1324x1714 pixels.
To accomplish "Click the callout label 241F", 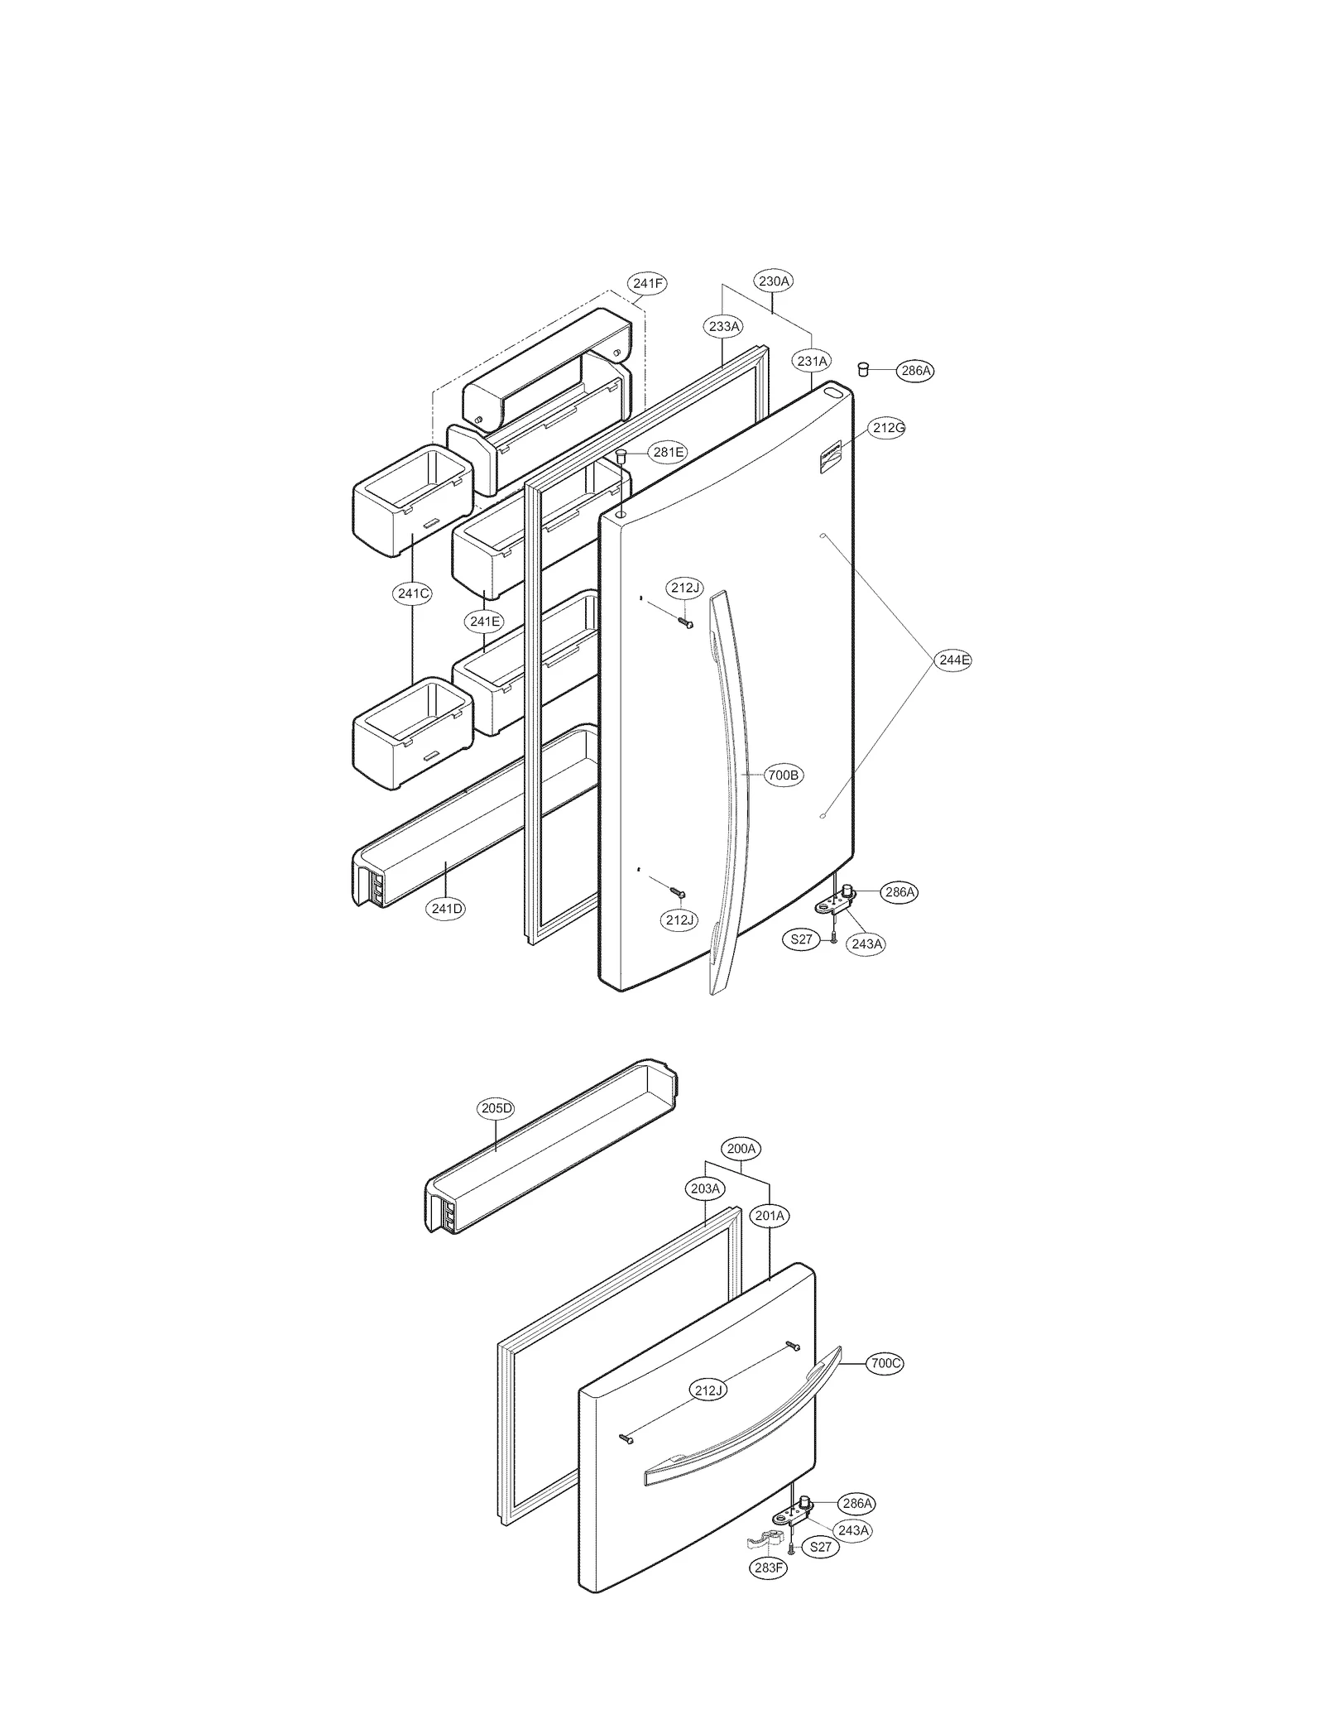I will coord(647,284).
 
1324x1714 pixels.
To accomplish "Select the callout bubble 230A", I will coord(774,281).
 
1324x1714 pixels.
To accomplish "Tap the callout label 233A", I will coord(723,327).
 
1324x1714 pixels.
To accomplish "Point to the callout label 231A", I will coord(812,361).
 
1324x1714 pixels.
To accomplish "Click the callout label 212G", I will coord(888,428).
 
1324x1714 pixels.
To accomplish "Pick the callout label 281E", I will coord(668,452).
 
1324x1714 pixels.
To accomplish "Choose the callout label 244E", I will coord(953,660).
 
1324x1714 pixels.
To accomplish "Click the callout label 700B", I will coord(782,775).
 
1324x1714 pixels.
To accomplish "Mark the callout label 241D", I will coord(447,909).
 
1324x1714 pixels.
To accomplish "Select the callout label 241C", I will coord(413,593).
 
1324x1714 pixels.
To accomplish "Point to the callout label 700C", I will coord(885,1363).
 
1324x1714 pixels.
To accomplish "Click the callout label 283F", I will coord(769,1568).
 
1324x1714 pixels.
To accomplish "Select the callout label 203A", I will coord(706,1189).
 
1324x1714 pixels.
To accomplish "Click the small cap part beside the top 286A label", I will coord(862,368).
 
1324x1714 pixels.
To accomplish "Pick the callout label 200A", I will coord(741,1149).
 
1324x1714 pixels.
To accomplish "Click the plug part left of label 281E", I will coord(621,454).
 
